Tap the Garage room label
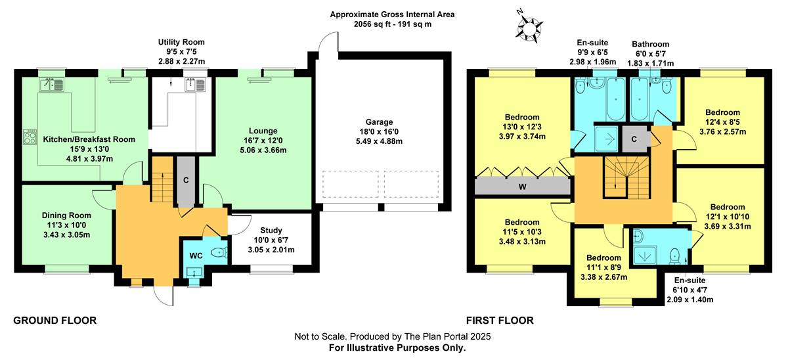[379, 122]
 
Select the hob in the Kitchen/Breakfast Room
[30, 137]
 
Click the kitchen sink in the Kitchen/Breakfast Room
[51, 85]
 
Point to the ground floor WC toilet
[219, 252]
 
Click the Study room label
[271, 230]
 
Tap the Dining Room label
[66, 215]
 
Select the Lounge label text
[263, 131]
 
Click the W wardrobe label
[523, 187]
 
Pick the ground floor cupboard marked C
[186, 181]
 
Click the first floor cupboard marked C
[634, 139]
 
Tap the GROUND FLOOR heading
[55, 321]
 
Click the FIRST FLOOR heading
[500, 321]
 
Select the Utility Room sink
[195, 85]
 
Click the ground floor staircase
[163, 179]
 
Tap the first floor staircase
[626, 177]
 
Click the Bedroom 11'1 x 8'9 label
[603, 267]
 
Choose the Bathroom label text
[651, 44]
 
